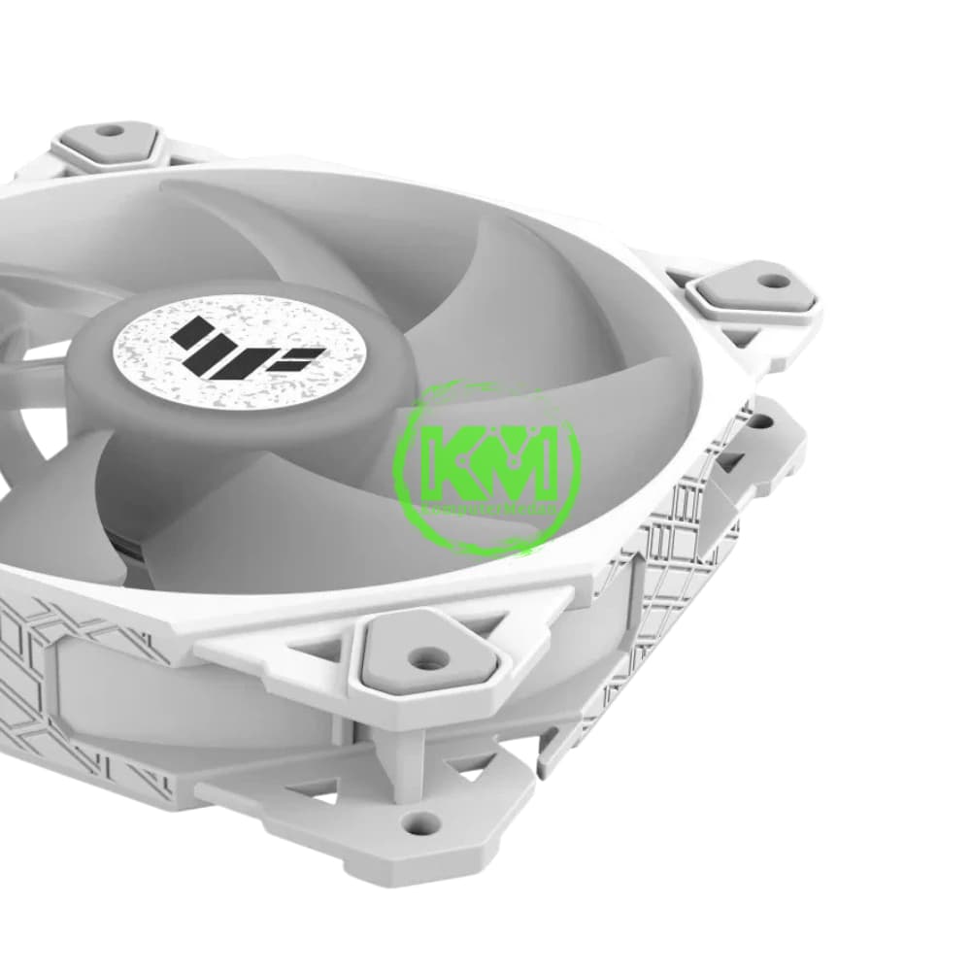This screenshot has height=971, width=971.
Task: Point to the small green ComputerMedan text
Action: tap(485, 508)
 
